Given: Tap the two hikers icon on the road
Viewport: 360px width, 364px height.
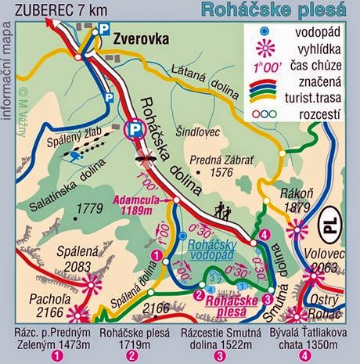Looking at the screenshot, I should (221, 210).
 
